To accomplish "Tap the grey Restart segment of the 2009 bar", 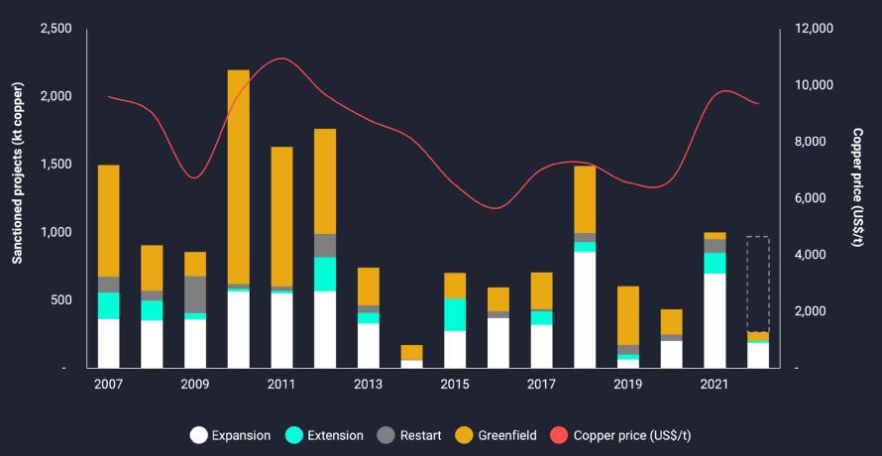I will point(195,294).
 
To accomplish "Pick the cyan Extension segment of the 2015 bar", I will point(455,314).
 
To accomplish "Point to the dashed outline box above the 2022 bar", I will point(757,284).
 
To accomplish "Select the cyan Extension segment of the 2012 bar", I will point(325,274).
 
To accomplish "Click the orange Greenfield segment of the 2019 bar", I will point(628,315).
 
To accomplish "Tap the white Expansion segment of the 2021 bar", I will point(715,320).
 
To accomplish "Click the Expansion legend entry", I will point(230,434).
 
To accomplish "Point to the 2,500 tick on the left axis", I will point(55,29).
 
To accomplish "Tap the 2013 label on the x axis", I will point(368,384).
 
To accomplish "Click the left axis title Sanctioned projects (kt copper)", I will point(17,197).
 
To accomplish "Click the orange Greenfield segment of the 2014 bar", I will point(411,352).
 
